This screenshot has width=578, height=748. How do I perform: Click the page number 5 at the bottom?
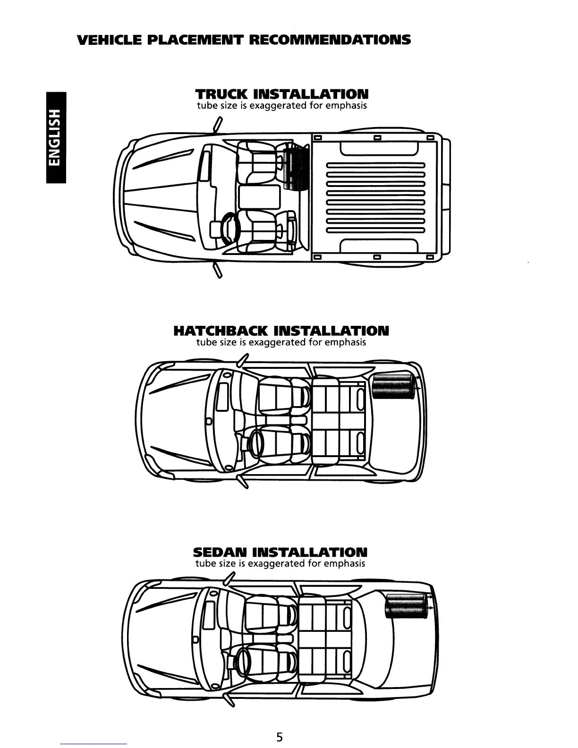(x=280, y=737)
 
